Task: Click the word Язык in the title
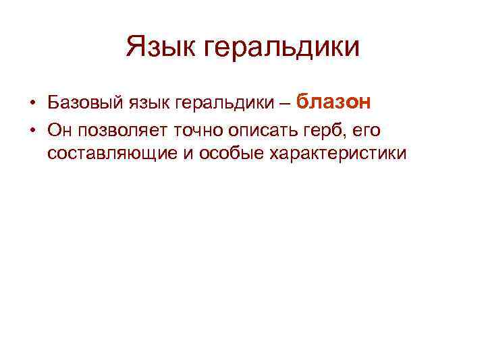click(162, 47)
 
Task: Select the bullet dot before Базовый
click(32, 104)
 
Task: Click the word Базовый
click(80, 103)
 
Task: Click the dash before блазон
click(284, 104)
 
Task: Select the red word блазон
click(333, 102)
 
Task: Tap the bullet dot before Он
click(32, 129)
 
